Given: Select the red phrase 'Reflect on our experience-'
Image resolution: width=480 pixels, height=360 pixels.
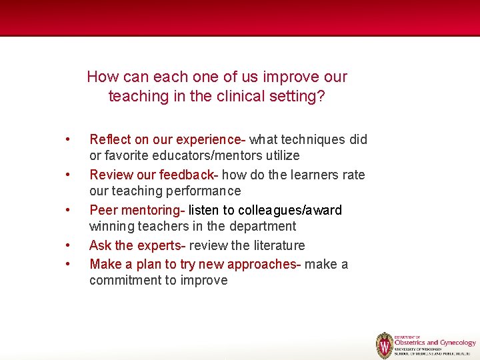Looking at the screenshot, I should (x=167, y=139).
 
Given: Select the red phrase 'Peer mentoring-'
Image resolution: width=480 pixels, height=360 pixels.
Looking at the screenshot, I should (x=137, y=210).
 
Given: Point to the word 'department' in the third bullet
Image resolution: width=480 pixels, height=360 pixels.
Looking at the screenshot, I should (x=263, y=226).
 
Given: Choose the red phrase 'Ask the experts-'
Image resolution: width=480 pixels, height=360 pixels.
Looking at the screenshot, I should (x=137, y=245).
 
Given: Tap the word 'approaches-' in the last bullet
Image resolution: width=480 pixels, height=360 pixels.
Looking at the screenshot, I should (x=265, y=264).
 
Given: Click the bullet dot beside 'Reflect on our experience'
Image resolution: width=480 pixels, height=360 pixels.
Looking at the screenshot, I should (x=67, y=139).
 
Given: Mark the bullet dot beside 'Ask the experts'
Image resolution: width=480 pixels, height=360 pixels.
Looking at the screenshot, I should (x=67, y=245).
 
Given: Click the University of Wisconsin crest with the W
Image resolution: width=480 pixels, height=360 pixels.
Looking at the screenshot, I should (x=385, y=345).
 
